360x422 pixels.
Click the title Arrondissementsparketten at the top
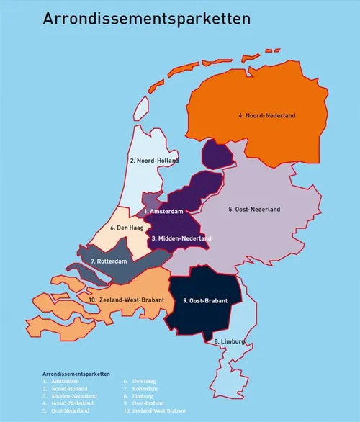pos(146,19)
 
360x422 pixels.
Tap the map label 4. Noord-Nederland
pos(266,115)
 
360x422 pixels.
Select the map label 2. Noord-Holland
pos(154,161)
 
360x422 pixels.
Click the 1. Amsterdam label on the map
pos(163,211)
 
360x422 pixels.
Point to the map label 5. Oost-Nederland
pos(254,210)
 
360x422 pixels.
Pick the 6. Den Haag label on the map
pos(128,228)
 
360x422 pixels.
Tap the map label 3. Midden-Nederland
pos(181,238)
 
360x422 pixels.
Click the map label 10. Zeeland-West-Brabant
pos(126,299)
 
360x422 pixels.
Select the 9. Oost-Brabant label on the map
pos(207,300)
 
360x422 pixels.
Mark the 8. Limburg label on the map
pos(230,341)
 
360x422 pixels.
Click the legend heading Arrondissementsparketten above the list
pos(76,374)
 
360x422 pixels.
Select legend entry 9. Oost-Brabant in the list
pos(144,403)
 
